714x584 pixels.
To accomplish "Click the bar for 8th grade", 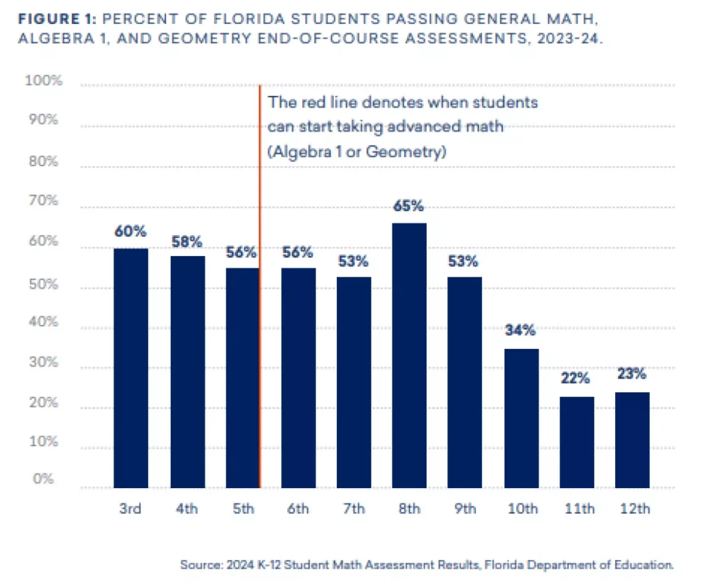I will click(409, 356).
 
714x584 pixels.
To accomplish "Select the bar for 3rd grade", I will click(131, 368).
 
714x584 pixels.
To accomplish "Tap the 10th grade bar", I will click(521, 418).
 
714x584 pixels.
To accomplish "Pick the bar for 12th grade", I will click(632, 440).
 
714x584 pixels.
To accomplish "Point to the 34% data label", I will click(521, 331).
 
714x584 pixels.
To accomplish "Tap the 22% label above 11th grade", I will click(575, 379).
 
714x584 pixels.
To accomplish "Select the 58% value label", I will click(187, 242).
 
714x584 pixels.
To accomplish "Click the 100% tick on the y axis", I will click(43, 81).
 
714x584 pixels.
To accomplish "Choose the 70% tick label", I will click(45, 200).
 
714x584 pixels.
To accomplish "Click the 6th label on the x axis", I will click(297, 509).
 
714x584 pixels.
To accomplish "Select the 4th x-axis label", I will click(186, 509).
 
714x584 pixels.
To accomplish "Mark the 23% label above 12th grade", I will click(632, 374).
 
